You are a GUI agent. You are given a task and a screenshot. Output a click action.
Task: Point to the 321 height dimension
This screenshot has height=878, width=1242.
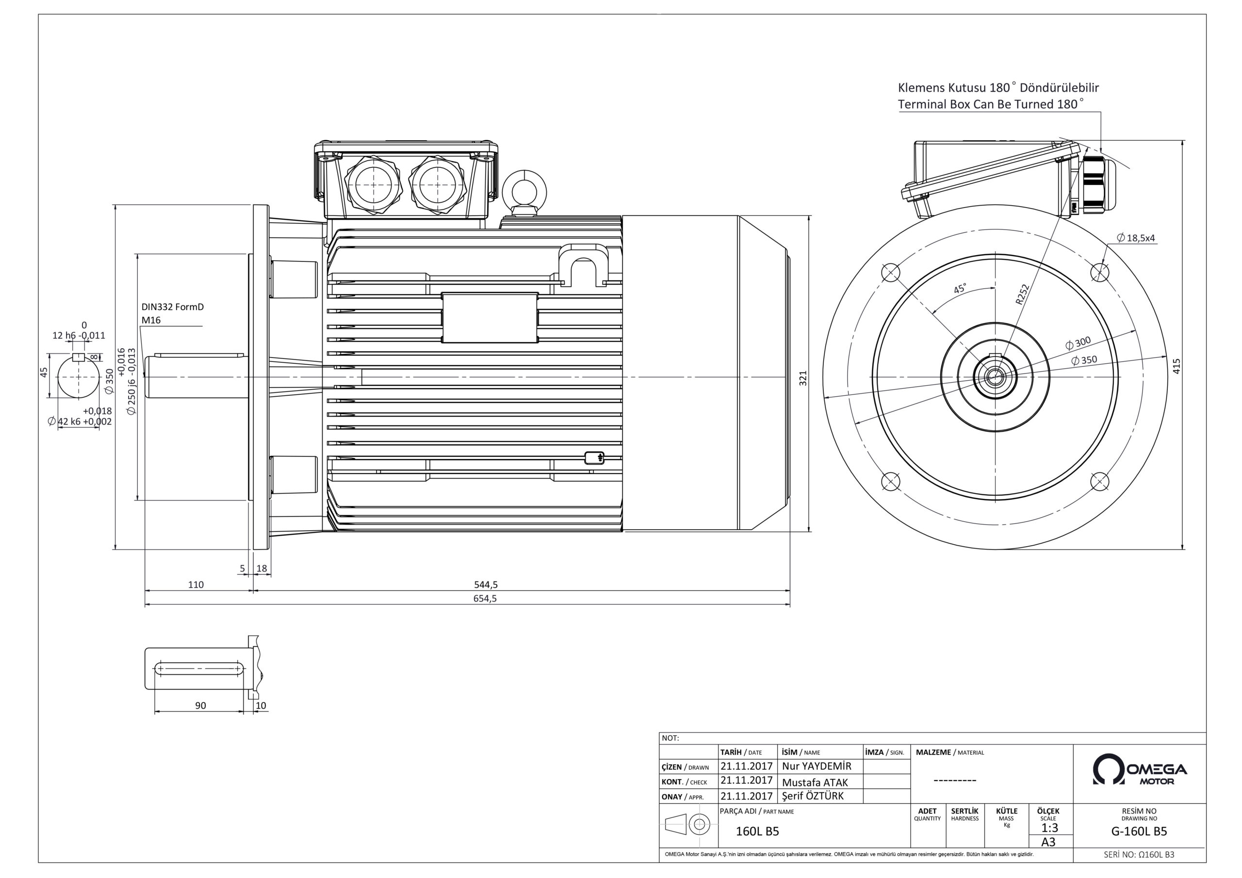(803, 377)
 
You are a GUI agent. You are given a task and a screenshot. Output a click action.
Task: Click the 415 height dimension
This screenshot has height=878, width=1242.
(1176, 366)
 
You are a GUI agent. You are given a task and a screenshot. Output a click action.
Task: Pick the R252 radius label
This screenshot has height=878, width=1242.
(1021, 295)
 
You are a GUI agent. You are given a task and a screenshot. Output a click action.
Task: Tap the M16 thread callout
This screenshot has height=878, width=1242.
(151, 320)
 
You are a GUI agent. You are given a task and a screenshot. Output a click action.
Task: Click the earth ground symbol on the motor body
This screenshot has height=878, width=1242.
(594, 457)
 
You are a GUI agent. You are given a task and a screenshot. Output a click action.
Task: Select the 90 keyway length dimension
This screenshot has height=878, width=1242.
(200, 705)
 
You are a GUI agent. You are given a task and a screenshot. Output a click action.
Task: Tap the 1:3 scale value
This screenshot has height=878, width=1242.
(1049, 828)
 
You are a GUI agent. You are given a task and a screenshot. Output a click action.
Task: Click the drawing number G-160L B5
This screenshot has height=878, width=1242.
(1139, 831)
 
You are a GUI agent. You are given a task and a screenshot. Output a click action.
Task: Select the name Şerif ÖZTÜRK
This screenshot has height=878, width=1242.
(813, 796)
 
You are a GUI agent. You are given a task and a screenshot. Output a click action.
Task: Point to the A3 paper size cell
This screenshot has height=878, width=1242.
(1048, 842)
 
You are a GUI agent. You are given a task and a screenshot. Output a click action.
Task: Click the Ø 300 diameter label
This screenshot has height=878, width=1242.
(1078, 343)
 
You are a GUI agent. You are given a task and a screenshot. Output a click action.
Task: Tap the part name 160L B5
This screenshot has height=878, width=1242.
(757, 831)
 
